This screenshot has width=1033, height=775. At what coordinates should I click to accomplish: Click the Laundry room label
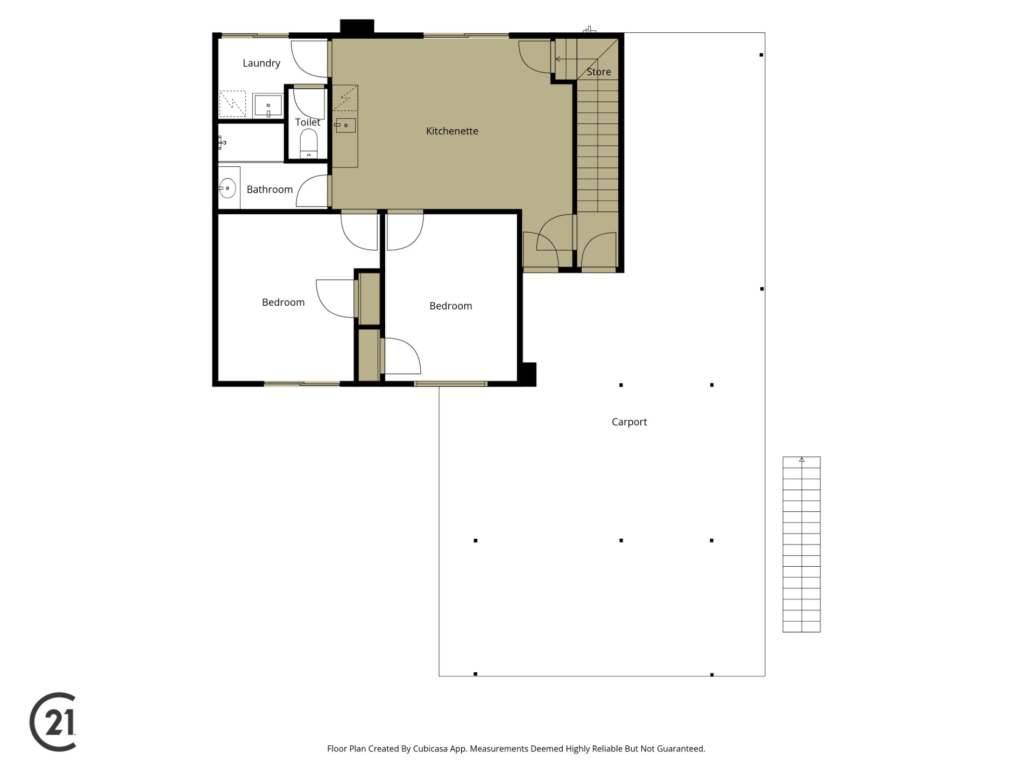click(261, 64)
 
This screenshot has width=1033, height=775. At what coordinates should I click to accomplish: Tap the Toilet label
click(308, 123)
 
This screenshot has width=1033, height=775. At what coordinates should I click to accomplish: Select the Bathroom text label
click(270, 189)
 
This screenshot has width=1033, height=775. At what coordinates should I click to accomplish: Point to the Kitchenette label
click(452, 131)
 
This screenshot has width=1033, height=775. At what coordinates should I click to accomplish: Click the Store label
click(599, 72)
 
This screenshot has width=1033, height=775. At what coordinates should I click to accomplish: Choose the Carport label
click(629, 422)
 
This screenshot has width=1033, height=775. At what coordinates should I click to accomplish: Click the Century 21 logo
click(53, 722)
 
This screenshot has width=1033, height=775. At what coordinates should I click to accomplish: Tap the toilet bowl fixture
click(309, 143)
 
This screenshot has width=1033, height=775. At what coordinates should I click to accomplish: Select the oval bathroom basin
click(228, 188)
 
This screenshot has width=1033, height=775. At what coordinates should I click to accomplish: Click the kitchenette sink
click(345, 125)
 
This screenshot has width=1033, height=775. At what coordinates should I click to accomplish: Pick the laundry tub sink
click(268, 105)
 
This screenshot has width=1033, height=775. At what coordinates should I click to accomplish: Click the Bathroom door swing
click(313, 192)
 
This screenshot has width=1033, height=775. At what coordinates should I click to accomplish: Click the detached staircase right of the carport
click(801, 544)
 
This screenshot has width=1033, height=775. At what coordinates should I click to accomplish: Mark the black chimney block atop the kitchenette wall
click(357, 27)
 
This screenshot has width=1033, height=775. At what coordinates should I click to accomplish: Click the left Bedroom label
click(283, 303)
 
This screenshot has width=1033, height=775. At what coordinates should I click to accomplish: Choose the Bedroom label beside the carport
click(451, 306)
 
